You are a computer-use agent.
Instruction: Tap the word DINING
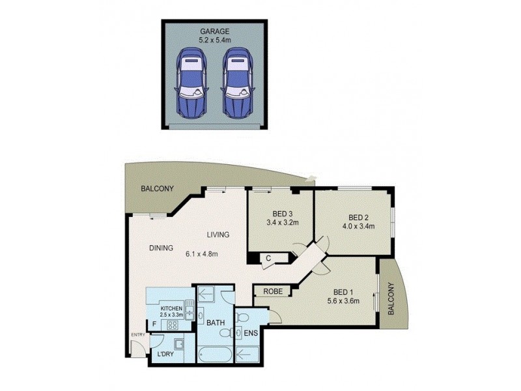tap(160, 248)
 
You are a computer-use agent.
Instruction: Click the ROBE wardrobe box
tap(272, 291)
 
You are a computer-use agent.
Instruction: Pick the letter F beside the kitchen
tap(154, 323)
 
